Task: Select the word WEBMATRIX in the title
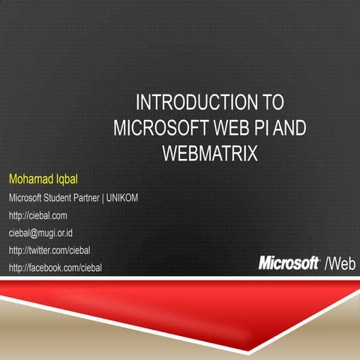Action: pos(210,154)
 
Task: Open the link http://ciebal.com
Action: pos(37,216)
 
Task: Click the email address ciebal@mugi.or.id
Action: pos(45,233)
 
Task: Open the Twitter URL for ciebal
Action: pos(49,250)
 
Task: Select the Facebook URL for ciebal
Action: pos(55,267)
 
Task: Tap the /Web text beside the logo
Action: pos(339,264)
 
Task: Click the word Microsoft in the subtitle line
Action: pos(25,199)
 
